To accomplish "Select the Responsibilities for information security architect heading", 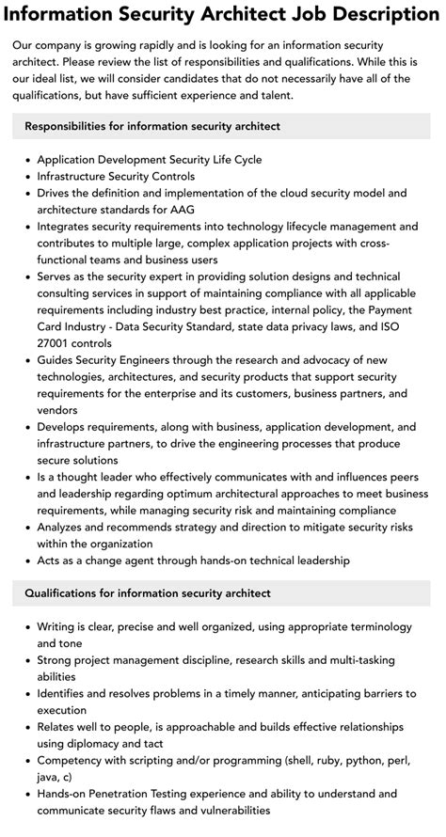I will coord(152,126).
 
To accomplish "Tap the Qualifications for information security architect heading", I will coord(148,593).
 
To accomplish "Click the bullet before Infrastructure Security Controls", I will coord(26,176).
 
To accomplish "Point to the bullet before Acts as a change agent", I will coord(26,561).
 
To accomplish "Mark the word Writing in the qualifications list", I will coord(60,626).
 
